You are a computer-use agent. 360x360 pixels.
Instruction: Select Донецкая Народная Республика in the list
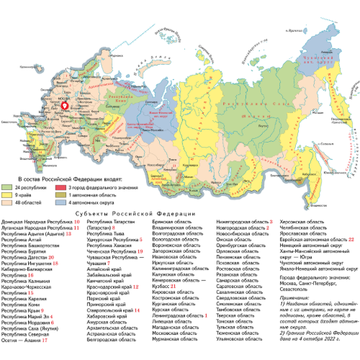click(x=36, y=224)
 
